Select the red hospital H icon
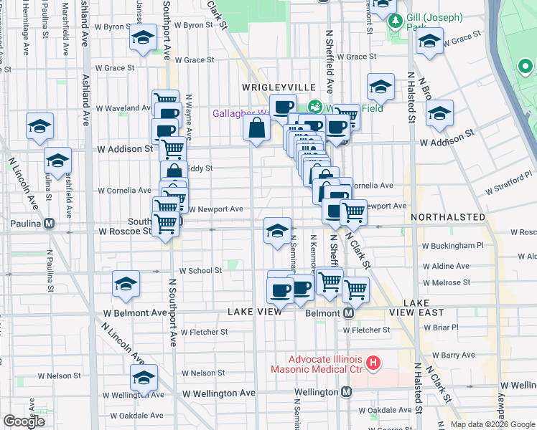(373, 363)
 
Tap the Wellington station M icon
(346, 392)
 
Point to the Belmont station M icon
(349, 313)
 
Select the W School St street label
(200, 271)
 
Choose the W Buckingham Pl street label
(454, 246)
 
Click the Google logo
(24, 421)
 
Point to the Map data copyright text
(492, 424)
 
